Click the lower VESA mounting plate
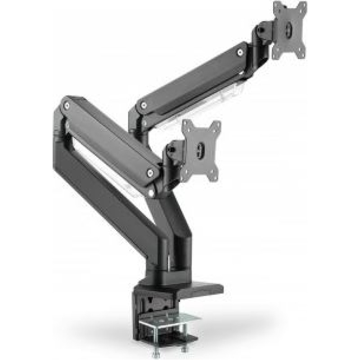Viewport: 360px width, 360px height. point(201,150)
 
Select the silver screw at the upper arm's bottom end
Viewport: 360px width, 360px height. point(143,105)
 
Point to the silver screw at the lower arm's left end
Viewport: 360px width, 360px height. point(67,106)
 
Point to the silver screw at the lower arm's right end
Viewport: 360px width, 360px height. point(150,172)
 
